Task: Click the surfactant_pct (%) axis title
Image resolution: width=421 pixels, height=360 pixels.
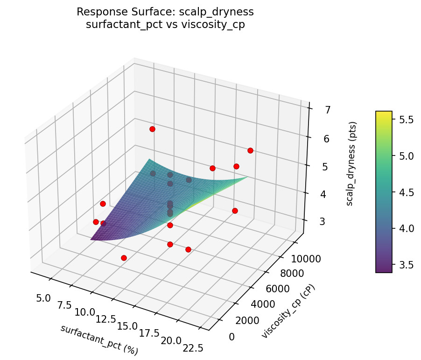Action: coord(99,339)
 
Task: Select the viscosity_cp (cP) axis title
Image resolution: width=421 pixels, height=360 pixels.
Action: coord(288,311)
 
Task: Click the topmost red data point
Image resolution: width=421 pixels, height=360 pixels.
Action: coord(152,129)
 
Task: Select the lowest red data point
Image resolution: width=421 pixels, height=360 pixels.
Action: coord(124,258)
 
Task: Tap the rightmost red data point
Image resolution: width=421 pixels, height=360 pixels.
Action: coord(250,150)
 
